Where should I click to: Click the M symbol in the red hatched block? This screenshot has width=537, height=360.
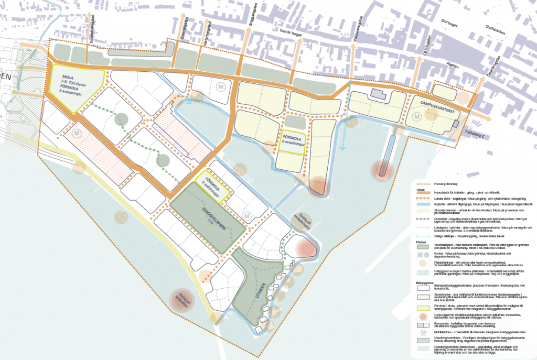(x=78, y=134)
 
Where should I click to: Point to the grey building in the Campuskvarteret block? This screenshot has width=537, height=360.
(x=378, y=94)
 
